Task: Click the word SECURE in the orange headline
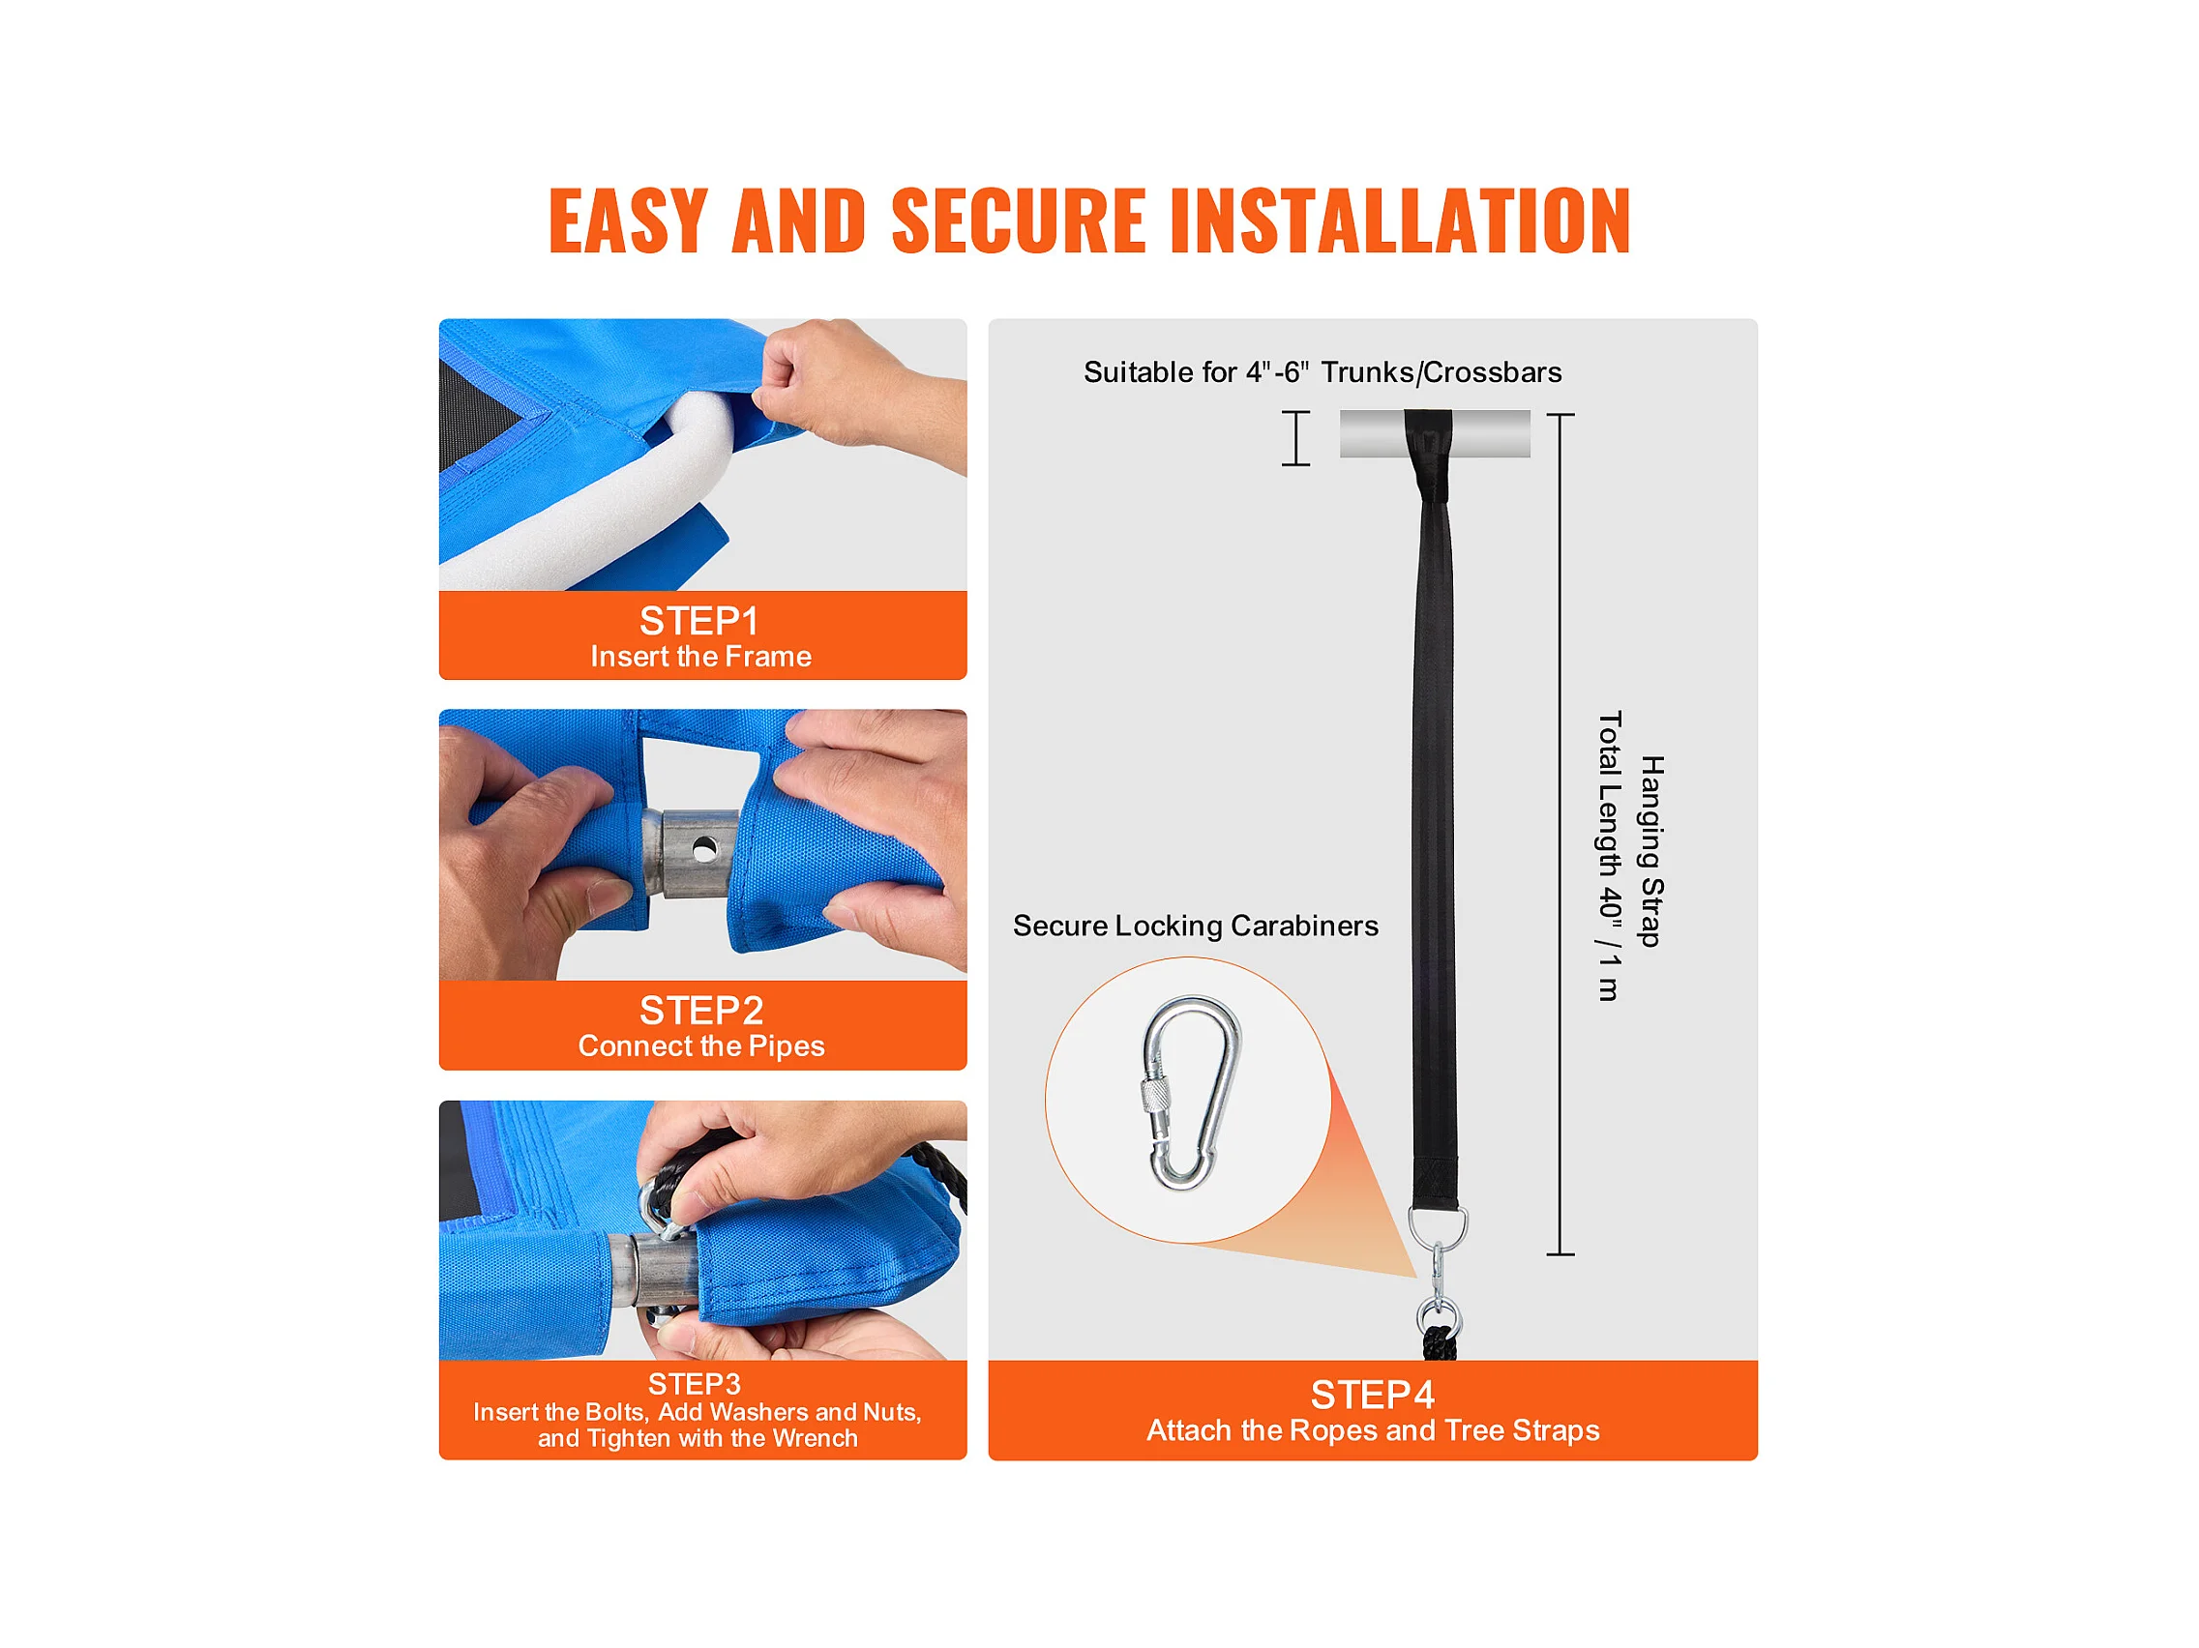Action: (x=1019, y=220)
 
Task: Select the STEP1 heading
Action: (x=699, y=621)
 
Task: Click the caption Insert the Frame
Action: (x=700, y=657)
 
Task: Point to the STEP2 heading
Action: (x=701, y=1011)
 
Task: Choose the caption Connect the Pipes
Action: (x=701, y=1046)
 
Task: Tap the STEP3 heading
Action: (x=695, y=1385)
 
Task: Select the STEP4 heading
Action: (x=1373, y=1396)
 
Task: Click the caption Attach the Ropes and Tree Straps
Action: (x=1373, y=1431)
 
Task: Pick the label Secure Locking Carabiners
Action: (x=1196, y=927)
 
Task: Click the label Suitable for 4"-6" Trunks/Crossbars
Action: (x=1322, y=372)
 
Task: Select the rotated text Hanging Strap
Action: (x=1651, y=852)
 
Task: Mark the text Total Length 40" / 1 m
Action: (x=1611, y=856)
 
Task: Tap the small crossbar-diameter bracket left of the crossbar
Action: (x=1295, y=438)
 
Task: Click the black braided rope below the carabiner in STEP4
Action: (x=1439, y=1344)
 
